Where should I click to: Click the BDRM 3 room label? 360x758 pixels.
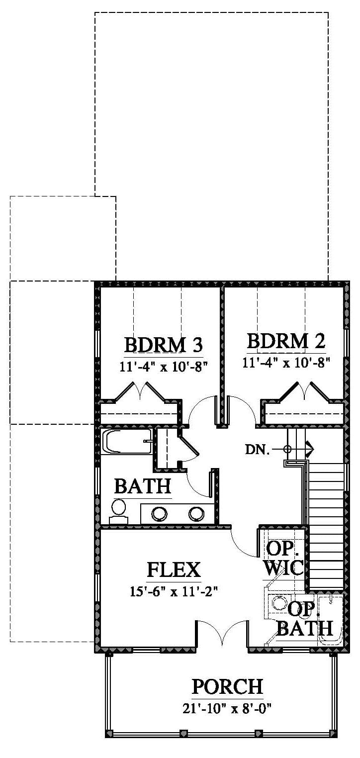tap(164, 345)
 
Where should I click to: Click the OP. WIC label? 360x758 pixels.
tap(283, 559)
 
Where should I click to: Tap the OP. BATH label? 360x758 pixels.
tap(305, 619)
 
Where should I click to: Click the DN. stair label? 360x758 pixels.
tap(258, 450)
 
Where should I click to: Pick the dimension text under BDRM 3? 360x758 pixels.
tap(164, 367)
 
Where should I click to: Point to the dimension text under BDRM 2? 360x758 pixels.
tap(286, 363)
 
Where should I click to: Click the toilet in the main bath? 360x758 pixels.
tap(118, 512)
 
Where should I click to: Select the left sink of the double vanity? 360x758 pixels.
tap(159, 514)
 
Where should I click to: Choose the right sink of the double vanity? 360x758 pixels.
tap(196, 514)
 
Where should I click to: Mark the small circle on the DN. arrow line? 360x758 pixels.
tap(287, 450)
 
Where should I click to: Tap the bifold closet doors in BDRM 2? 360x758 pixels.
tap(305, 392)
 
